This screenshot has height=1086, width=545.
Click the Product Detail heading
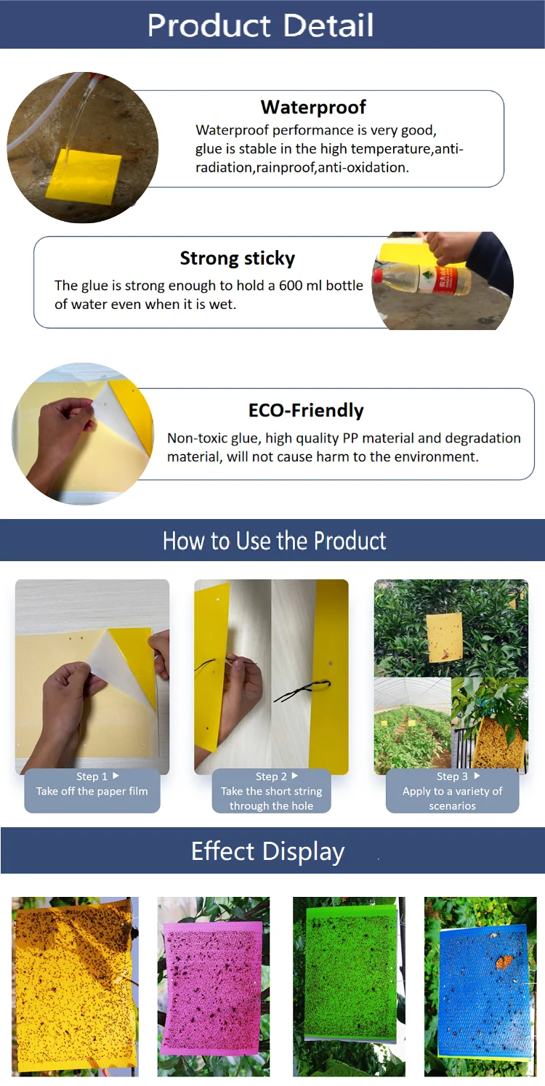pos(260,25)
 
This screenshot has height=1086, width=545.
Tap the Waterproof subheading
pos(313,108)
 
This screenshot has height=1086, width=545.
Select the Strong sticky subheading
pos(237,259)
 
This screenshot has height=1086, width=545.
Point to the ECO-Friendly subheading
pos(306,411)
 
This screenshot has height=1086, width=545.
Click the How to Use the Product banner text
pos(274,541)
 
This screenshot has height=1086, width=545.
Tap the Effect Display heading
pos(267,851)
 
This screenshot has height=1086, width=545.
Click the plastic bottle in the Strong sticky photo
pos(421,281)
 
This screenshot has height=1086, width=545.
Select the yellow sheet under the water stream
pos(84,174)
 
